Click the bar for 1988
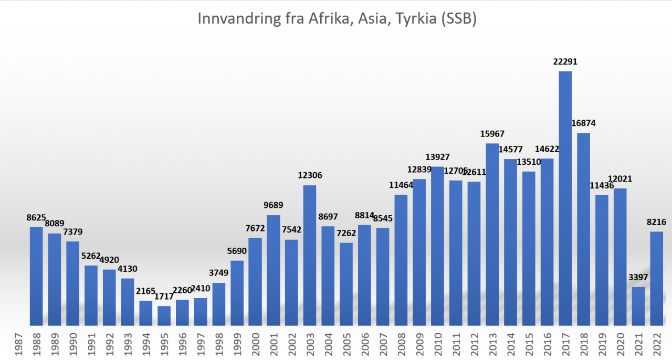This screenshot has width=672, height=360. (x=36, y=276)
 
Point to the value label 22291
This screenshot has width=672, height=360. (x=565, y=62)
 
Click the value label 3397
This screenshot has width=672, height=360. (x=638, y=278)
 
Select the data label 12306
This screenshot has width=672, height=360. (x=310, y=176)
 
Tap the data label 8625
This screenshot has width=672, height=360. (x=36, y=218)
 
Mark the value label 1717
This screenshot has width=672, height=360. (x=164, y=297)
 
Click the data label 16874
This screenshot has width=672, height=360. (x=584, y=124)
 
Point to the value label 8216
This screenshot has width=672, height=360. (x=657, y=223)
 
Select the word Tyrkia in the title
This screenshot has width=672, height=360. (x=409, y=19)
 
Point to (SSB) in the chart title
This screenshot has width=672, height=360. (x=459, y=19)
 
